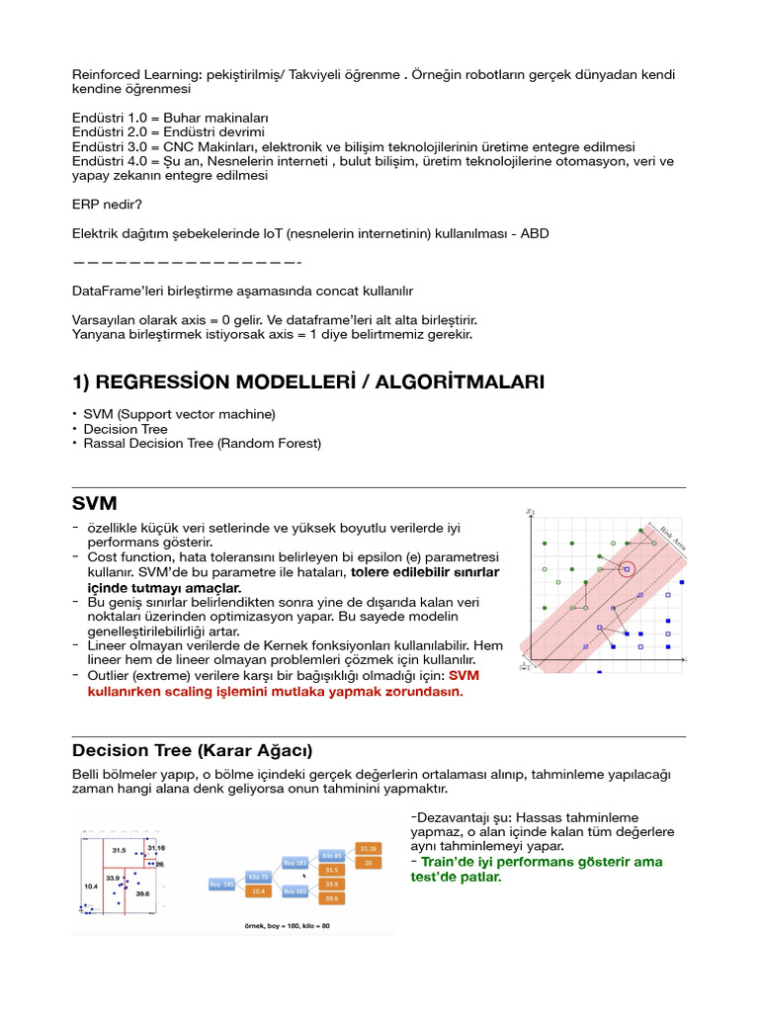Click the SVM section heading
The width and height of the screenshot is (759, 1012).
[95, 504]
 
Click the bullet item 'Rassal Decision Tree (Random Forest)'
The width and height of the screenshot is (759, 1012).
[203, 444]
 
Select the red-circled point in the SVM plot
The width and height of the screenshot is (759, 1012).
[626, 568]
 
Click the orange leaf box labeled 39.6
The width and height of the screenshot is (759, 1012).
[331, 898]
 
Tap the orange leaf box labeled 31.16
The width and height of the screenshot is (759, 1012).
[367, 848]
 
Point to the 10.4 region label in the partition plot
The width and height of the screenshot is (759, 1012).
[91, 886]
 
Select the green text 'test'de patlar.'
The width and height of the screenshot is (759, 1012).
[456, 877]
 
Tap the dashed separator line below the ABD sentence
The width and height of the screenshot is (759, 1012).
[187, 263]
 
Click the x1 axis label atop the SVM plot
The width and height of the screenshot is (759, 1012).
[531, 511]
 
